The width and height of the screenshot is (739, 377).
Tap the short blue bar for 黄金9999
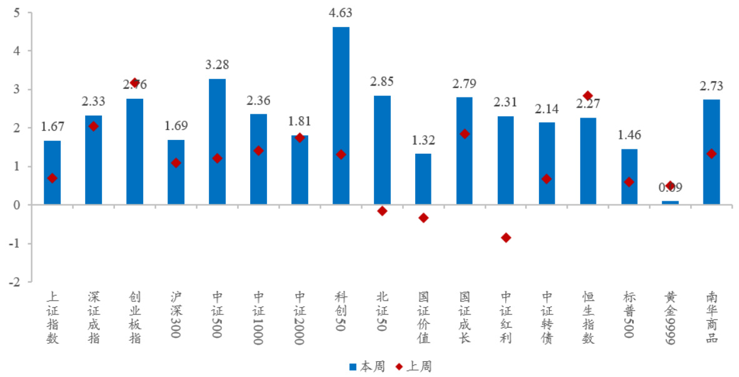670,203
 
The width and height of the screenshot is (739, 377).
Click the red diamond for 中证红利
506,238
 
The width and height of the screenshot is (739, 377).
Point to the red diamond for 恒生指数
588,96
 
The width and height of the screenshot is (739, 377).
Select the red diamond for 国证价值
423,218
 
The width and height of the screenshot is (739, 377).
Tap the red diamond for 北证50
382,211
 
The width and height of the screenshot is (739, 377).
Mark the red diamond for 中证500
217,158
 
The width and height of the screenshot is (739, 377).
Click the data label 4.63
341,13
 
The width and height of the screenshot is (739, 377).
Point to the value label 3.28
217,64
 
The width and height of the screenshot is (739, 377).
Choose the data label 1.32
423,140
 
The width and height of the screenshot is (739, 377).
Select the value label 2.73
711,86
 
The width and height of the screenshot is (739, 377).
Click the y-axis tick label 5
16,13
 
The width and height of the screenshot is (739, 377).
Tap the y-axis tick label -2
14,282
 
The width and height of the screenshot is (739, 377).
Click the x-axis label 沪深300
176,316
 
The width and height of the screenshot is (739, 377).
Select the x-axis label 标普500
630,316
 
